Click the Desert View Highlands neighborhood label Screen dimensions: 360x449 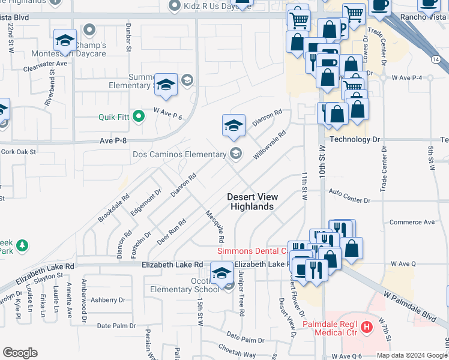252,202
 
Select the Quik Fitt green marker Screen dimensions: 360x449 139,116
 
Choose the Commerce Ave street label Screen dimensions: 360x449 412,222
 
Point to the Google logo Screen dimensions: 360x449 20,353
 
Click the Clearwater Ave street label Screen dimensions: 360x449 46,63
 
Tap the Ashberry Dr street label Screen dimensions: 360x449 107,299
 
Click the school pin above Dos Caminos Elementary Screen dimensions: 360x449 234,125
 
